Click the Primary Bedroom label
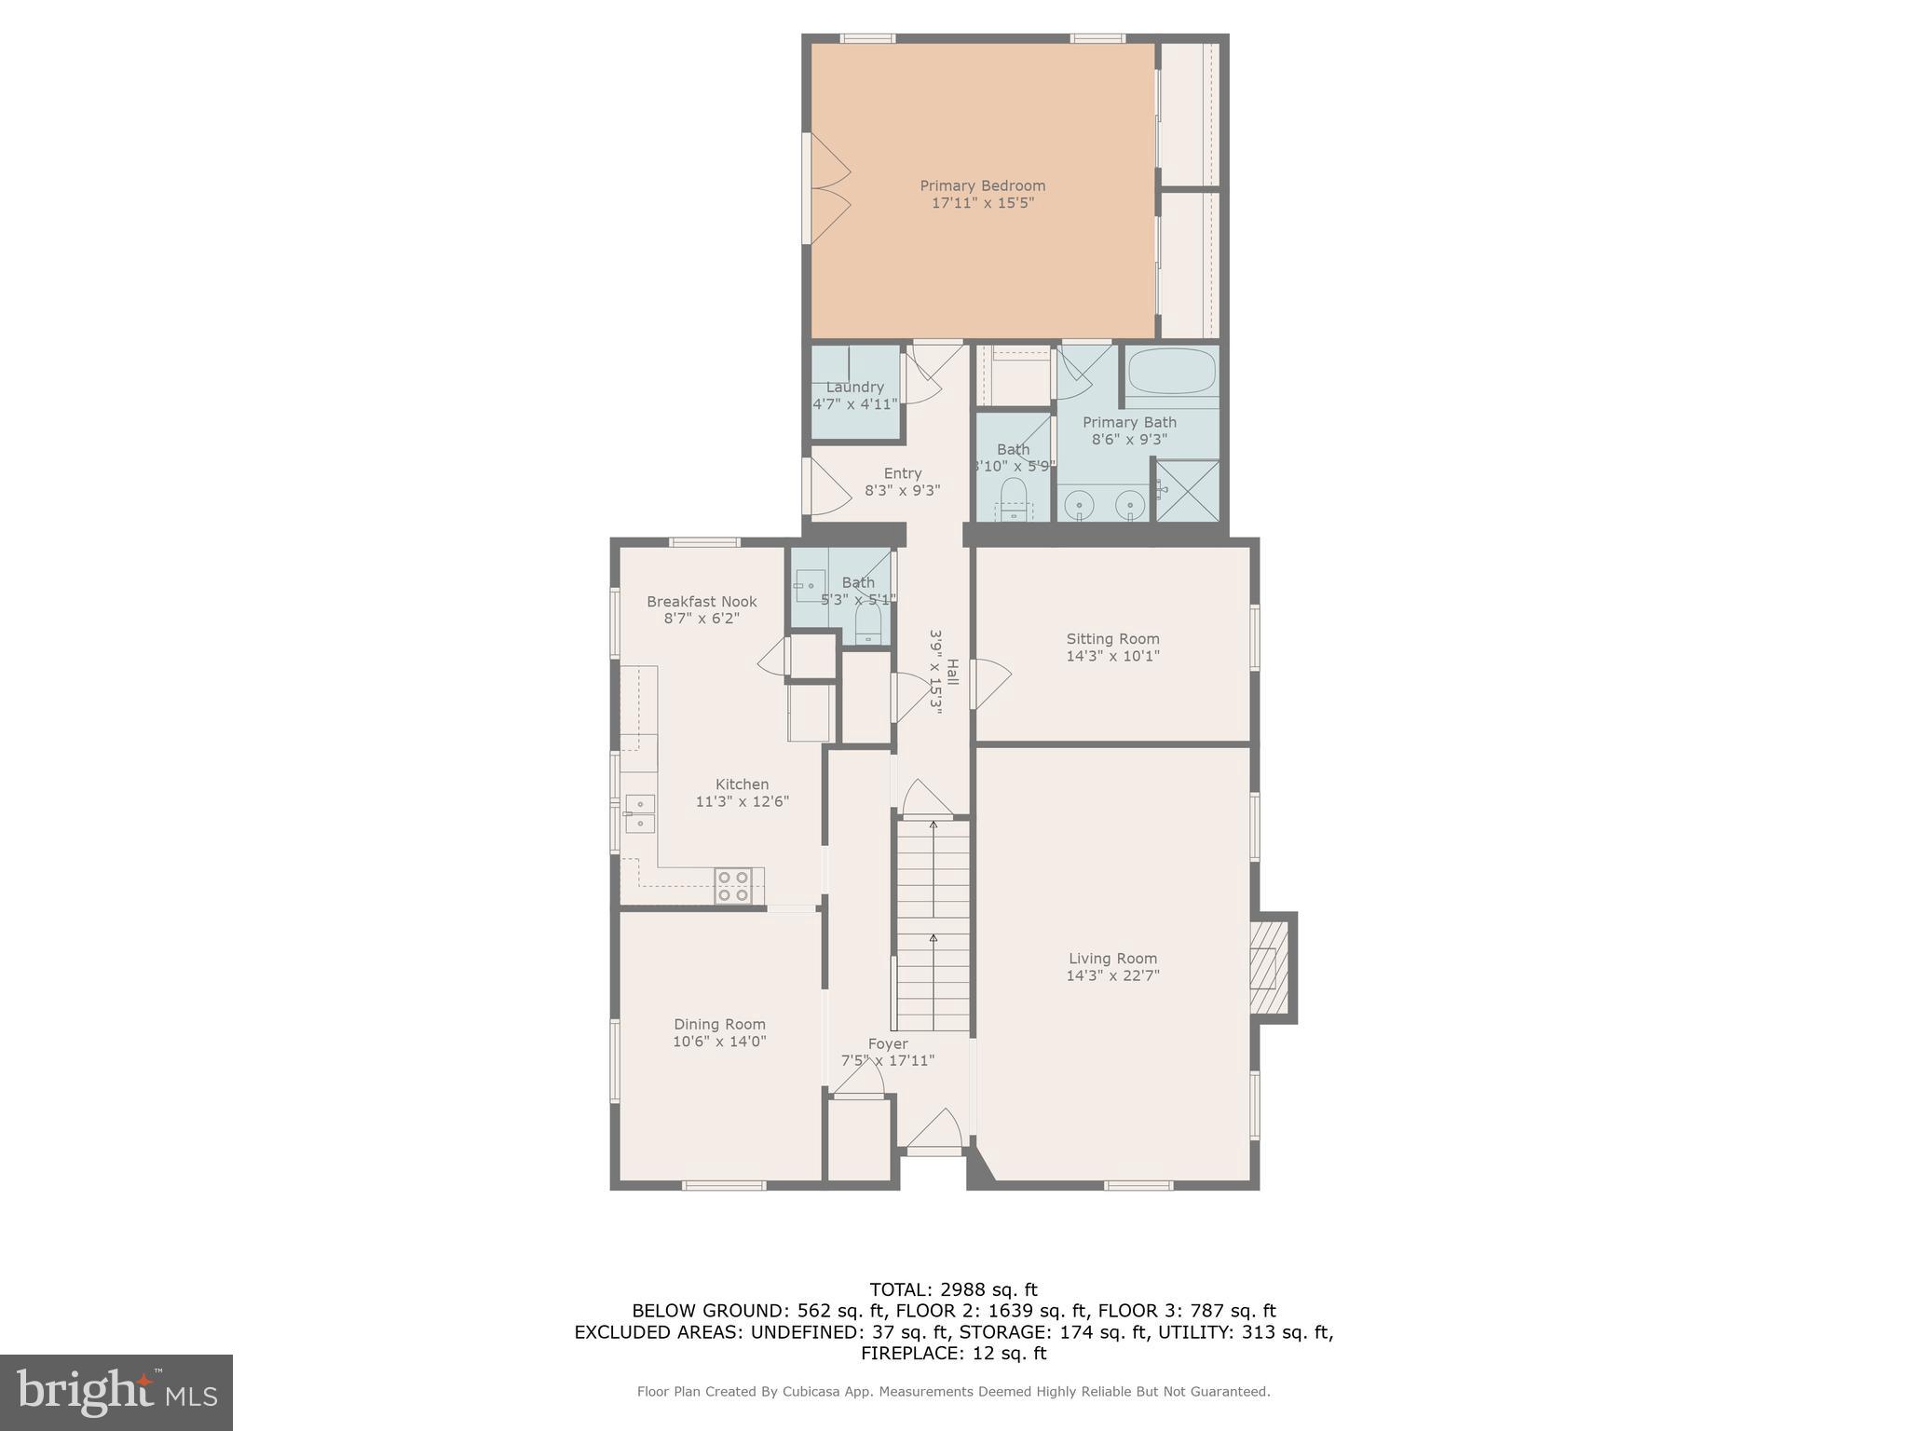982,185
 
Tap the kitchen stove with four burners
733,885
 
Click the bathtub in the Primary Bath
1171,373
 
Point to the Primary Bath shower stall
1187,490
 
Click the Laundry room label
854,388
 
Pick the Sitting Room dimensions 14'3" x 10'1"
1112,656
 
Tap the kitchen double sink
639,813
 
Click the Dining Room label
719,1024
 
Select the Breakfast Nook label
702,602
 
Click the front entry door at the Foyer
934,1132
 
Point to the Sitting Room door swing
989,684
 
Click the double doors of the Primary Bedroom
827,189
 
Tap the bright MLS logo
116,1393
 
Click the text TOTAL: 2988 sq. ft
953,1290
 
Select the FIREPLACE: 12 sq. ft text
953,1354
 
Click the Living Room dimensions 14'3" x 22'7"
1112,975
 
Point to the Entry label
902,473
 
